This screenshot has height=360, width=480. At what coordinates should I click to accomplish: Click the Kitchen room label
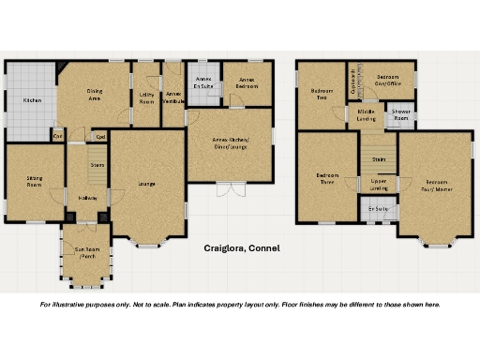[33, 100]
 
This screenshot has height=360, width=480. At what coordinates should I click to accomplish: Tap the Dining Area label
[95, 95]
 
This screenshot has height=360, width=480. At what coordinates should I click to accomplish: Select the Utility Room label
[146, 97]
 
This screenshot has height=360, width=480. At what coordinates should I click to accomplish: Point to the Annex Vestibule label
[172, 97]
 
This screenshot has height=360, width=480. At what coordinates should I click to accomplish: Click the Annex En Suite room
[203, 83]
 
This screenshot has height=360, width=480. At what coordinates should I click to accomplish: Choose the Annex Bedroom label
[247, 82]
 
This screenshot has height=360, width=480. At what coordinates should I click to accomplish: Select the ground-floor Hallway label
[88, 198]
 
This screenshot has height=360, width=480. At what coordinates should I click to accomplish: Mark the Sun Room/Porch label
[87, 253]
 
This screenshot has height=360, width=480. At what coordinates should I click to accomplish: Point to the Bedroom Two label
[321, 94]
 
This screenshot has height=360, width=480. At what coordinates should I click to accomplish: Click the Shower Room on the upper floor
[400, 116]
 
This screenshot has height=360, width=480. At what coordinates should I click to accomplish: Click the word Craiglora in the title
[225, 249]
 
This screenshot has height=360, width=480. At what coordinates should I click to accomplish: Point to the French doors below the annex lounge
[231, 190]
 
